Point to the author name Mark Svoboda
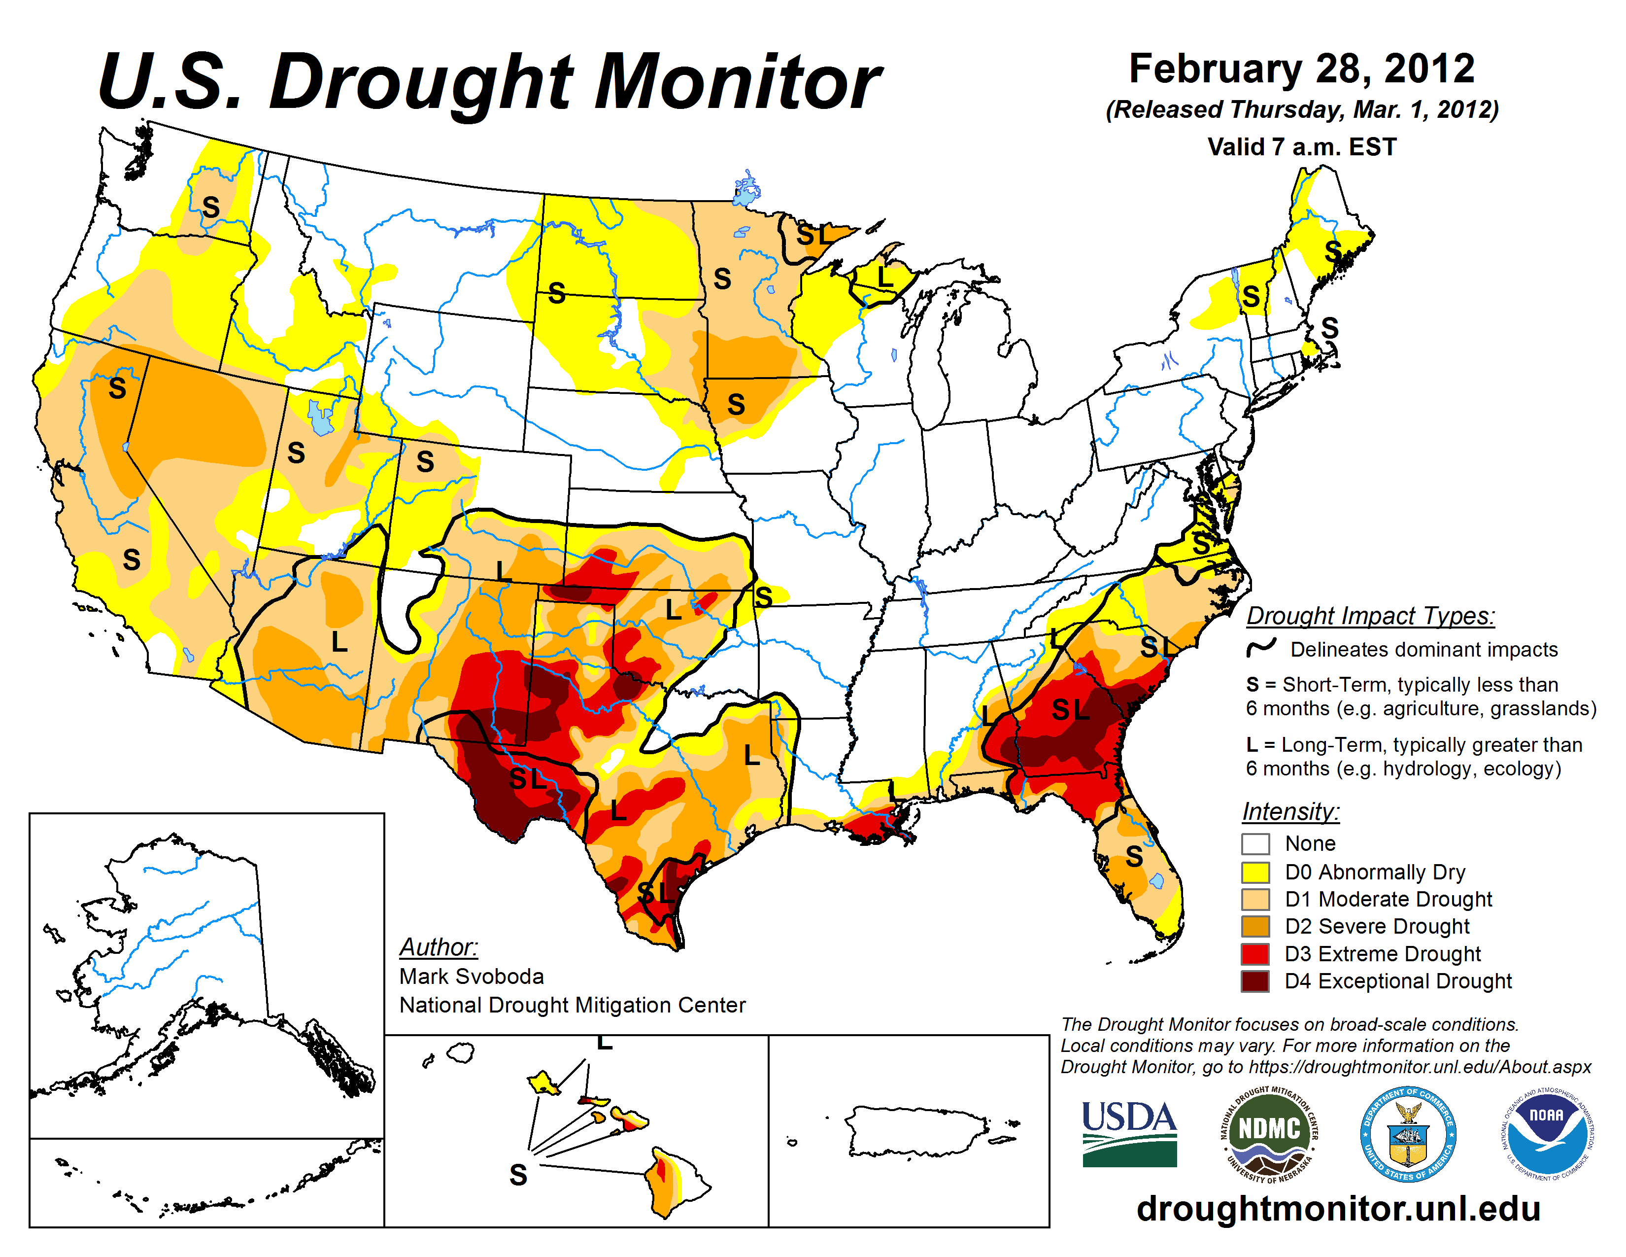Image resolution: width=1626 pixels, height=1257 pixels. click(471, 976)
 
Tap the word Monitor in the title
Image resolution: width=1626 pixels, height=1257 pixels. click(737, 82)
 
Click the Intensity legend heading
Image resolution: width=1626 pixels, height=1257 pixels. click(1290, 811)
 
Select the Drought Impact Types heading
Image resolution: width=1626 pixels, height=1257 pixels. click(1370, 616)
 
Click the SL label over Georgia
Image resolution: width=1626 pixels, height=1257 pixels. click(1070, 710)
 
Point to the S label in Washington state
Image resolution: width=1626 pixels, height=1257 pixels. click(211, 207)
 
